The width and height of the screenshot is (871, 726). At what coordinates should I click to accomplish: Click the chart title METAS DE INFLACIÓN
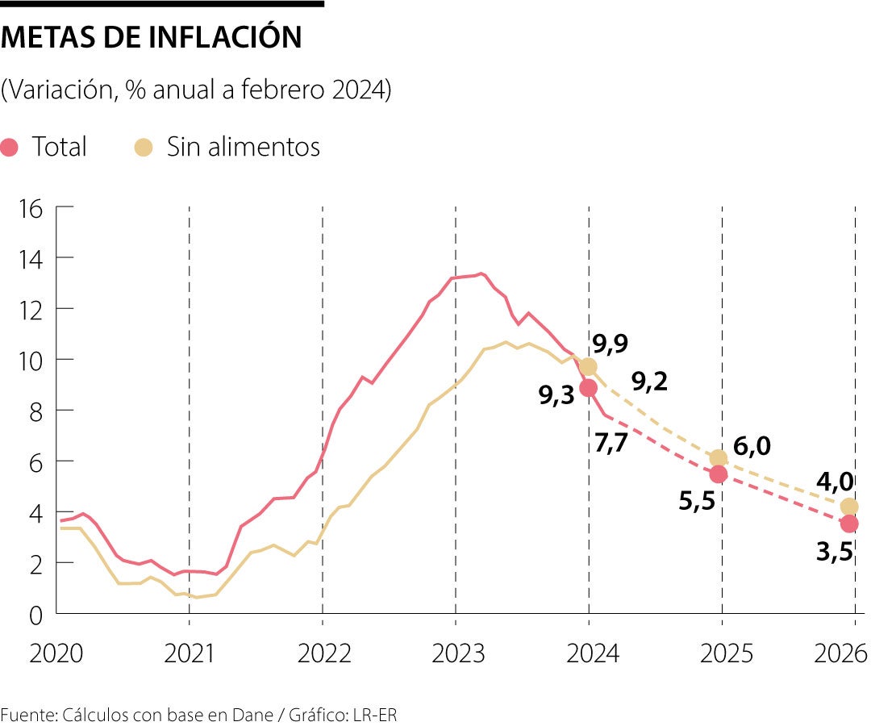pyautogui.click(x=152, y=38)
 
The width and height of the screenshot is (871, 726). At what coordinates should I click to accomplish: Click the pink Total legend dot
pyautogui.click(x=10, y=148)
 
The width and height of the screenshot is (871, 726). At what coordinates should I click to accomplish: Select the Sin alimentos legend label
pyautogui.click(x=243, y=147)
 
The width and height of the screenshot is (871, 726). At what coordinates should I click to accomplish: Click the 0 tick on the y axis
pyautogui.click(x=35, y=615)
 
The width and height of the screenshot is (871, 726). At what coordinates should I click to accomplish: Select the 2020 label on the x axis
pyautogui.click(x=56, y=653)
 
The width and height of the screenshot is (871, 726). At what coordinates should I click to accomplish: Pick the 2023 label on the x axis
pyautogui.click(x=457, y=653)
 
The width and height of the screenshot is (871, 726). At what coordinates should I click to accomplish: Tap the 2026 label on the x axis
pyautogui.click(x=839, y=653)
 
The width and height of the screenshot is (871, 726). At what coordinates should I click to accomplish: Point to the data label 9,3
pyautogui.click(x=556, y=395)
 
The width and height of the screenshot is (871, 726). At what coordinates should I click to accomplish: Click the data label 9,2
pyautogui.click(x=650, y=382)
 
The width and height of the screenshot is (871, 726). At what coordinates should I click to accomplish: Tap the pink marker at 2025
pyautogui.click(x=719, y=474)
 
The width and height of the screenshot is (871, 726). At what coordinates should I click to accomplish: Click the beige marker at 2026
pyautogui.click(x=849, y=507)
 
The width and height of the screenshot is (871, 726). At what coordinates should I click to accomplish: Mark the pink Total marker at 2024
pyautogui.click(x=589, y=388)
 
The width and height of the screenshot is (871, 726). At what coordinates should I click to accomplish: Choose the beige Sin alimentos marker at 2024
pyautogui.click(x=589, y=367)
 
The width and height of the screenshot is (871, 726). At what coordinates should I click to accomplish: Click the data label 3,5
pyautogui.click(x=836, y=553)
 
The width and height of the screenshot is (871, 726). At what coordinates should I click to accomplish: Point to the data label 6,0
pyautogui.click(x=752, y=446)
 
